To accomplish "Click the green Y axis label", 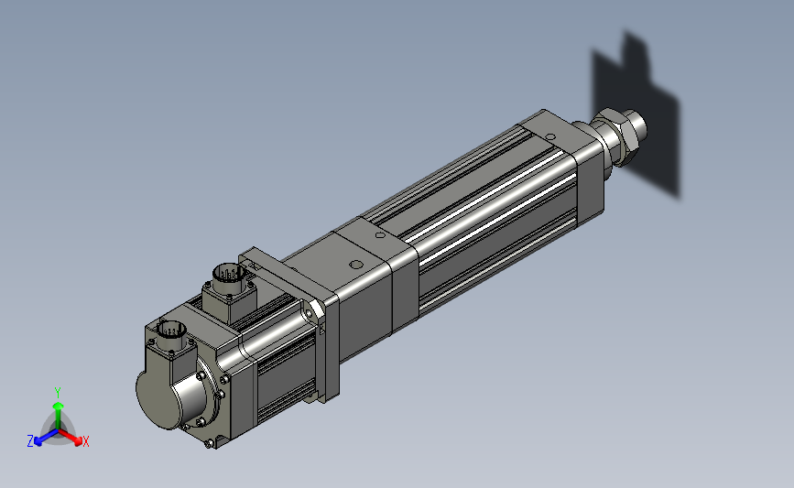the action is pyautogui.click(x=57, y=393).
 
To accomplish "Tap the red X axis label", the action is pyautogui.click(x=85, y=441).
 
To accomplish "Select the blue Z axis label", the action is pyautogui.click(x=30, y=441).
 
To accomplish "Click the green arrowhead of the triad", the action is pyautogui.click(x=59, y=407).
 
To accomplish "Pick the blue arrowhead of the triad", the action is pyautogui.click(x=38, y=441).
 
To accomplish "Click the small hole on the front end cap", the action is pyautogui.click(x=550, y=136).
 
